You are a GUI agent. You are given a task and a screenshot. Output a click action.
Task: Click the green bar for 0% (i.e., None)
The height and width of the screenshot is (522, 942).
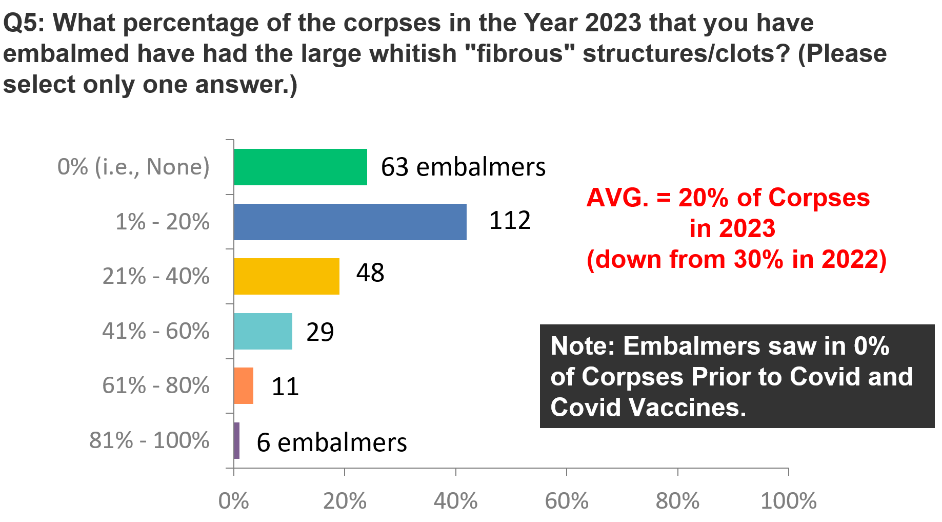(300, 167)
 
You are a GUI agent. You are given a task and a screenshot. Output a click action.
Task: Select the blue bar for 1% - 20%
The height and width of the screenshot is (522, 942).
(350, 222)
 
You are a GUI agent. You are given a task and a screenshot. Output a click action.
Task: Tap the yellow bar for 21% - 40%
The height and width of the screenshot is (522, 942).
(287, 276)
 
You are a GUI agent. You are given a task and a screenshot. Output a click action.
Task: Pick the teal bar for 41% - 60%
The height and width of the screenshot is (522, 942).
(263, 331)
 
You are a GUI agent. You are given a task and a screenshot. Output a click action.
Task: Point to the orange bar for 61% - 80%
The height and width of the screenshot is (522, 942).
(244, 385)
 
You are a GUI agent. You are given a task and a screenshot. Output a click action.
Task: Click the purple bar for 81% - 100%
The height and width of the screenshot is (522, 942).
(236, 440)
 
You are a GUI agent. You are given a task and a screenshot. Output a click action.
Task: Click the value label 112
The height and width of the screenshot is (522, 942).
(510, 220)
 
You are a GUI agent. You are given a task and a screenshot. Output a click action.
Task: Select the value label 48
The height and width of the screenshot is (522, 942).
(370, 273)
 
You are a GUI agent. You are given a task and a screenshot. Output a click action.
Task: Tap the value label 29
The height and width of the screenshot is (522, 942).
(320, 332)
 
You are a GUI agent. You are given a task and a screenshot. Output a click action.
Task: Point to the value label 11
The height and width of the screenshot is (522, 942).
(285, 386)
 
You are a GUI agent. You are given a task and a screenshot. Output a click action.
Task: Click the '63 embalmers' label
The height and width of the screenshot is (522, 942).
(463, 167)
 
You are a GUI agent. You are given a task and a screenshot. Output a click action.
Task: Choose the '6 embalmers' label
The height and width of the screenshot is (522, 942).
(332, 442)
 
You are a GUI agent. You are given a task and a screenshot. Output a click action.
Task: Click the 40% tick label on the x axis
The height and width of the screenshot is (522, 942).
(456, 501)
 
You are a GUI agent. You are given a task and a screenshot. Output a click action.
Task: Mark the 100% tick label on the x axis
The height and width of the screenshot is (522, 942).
(789, 501)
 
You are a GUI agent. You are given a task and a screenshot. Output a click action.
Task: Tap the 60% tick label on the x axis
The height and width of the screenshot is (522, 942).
(567, 501)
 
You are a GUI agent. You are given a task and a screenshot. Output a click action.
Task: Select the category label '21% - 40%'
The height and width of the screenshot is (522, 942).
(156, 276)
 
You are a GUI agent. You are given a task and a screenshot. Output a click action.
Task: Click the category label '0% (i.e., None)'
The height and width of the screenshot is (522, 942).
(134, 167)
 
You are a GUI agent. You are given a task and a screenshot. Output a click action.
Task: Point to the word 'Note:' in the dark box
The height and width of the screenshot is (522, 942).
(583, 346)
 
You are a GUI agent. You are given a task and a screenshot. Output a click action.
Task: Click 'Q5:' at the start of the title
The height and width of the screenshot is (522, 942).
(25, 23)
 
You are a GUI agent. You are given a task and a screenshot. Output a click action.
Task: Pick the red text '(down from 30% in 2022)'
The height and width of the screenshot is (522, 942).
(737, 259)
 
